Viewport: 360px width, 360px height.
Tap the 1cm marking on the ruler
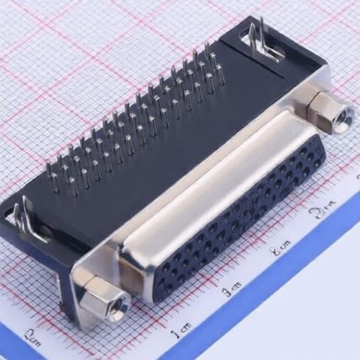point(181,328)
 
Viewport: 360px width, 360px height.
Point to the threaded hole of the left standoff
point(117,308)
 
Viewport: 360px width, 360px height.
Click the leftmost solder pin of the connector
point(49,172)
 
